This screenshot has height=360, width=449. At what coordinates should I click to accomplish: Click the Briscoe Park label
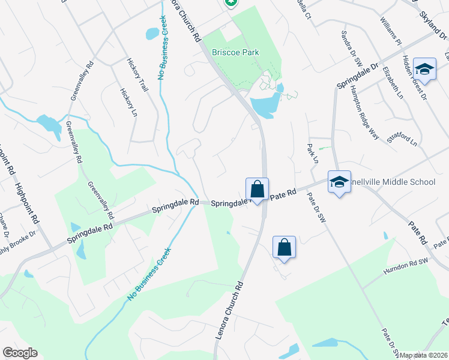pos(235,53)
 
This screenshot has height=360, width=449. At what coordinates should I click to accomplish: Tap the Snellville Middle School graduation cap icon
pos(339,182)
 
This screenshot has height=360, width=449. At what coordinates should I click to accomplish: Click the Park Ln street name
pos(312,153)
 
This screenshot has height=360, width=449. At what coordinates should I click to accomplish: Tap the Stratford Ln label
pos(402,142)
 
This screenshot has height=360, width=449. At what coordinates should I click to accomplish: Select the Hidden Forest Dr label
pos(415,77)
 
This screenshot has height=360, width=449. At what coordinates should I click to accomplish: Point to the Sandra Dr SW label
pos(352,49)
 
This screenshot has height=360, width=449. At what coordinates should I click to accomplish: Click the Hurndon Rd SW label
pos(406,268)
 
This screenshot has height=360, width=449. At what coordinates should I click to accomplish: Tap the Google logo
pos(20,353)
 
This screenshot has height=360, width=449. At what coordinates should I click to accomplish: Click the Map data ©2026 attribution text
pos(424,355)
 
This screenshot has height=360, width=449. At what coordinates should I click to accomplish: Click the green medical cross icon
pos(231,2)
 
